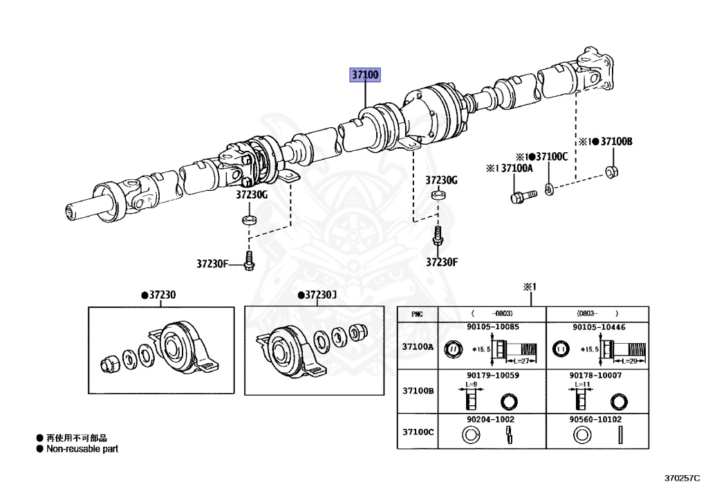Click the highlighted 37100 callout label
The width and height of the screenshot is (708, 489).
[365, 75]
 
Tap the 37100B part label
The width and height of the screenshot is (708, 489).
[615, 142]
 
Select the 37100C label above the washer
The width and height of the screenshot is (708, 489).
[551, 156]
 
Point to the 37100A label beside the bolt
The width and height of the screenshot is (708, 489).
[516, 168]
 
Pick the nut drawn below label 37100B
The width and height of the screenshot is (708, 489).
[611, 171]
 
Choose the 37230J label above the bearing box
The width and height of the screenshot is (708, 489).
[319, 295]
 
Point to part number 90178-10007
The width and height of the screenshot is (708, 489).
[596, 375]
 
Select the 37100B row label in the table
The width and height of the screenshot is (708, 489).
[418, 391]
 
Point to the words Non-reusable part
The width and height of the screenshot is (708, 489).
[82, 449]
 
